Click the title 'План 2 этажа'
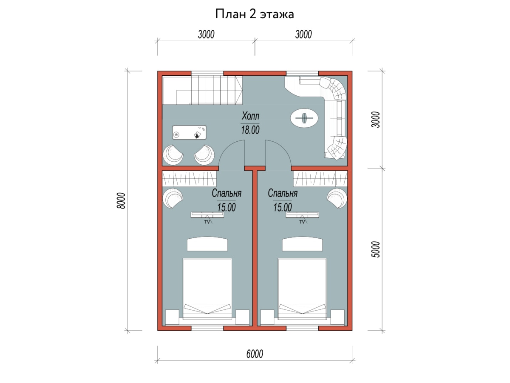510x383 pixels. (x=255, y=14)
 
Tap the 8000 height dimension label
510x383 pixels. (x=121, y=200)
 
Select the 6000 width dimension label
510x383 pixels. (x=255, y=354)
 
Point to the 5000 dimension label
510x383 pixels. (x=376, y=249)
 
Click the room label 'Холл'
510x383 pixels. (x=250, y=116)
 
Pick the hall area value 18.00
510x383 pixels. (x=250, y=130)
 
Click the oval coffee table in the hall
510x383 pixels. (x=304, y=118)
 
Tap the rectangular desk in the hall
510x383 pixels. (x=189, y=132)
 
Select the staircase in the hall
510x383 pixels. (x=202, y=90)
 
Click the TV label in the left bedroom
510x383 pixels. (x=207, y=222)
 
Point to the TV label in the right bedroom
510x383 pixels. (x=302, y=222)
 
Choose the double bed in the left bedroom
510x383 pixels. (x=207, y=289)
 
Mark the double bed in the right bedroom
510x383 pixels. (x=302, y=289)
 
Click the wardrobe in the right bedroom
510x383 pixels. (x=320, y=179)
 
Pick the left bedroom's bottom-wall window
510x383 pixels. (x=207, y=328)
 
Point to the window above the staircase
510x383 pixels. (x=207, y=73)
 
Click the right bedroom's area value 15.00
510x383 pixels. (x=282, y=207)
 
